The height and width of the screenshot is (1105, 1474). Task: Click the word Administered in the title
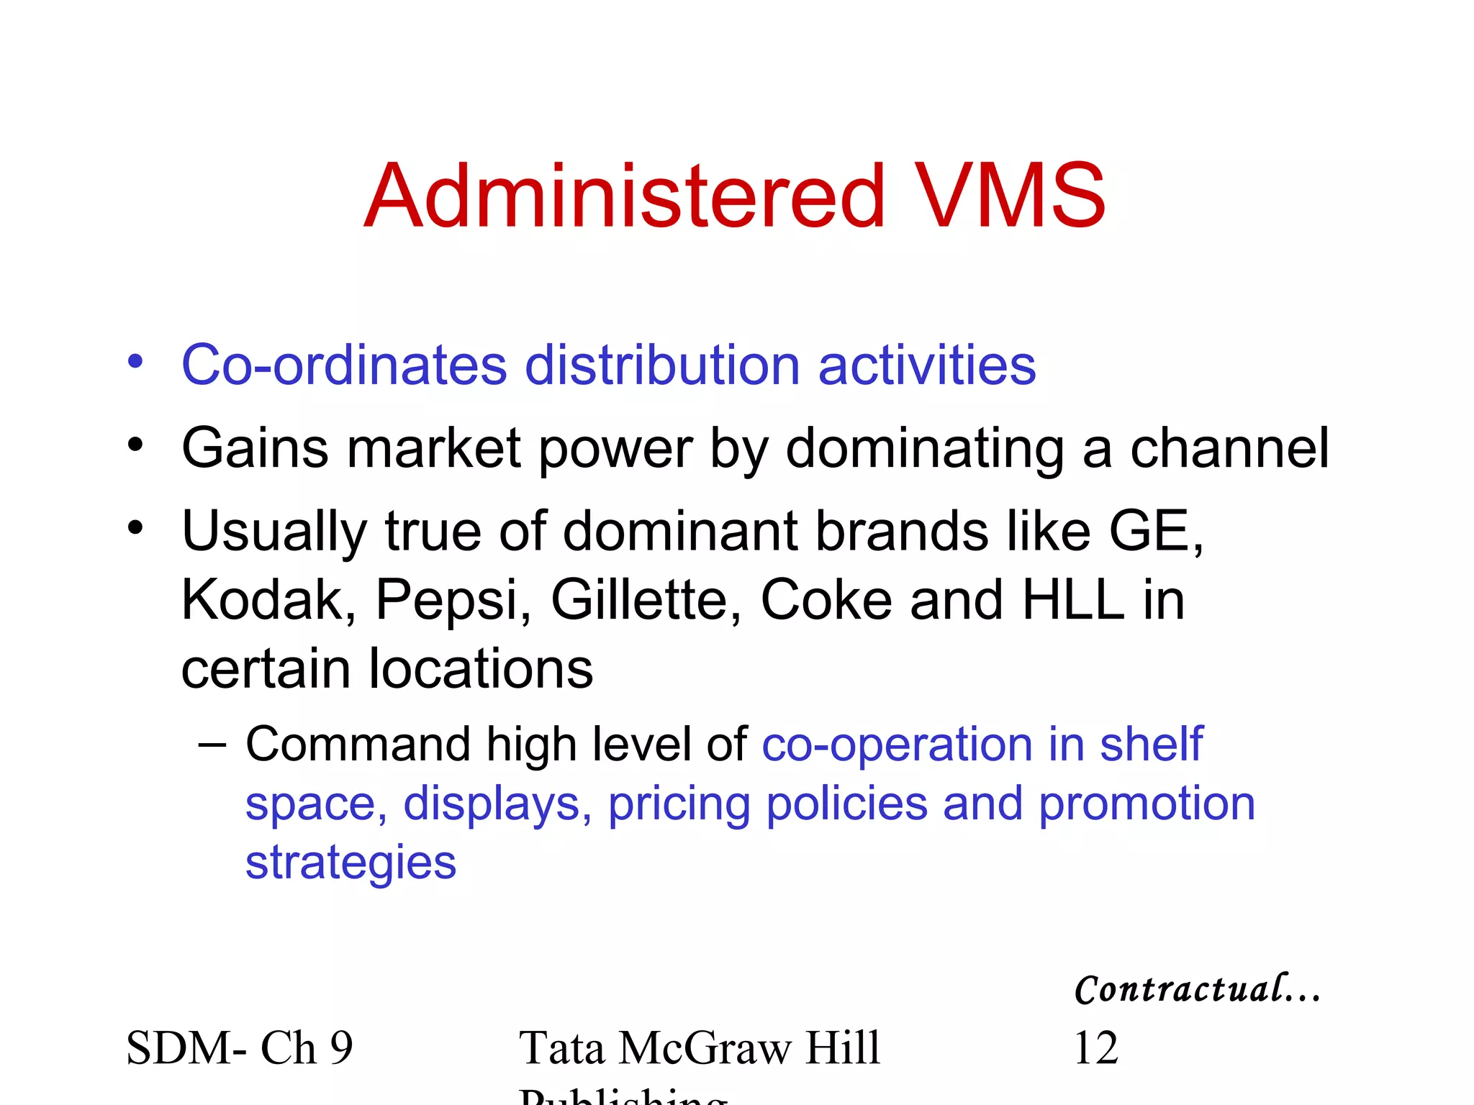point(624,196)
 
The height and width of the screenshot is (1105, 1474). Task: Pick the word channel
point(1229,448)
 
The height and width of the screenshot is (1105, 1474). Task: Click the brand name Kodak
point(263,600)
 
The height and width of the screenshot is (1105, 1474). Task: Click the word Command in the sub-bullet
point(358,744)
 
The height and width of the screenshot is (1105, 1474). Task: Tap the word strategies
point(351,863)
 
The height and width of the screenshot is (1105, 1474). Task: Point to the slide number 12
point(1095,1047)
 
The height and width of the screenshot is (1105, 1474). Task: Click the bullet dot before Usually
point(135,529)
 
